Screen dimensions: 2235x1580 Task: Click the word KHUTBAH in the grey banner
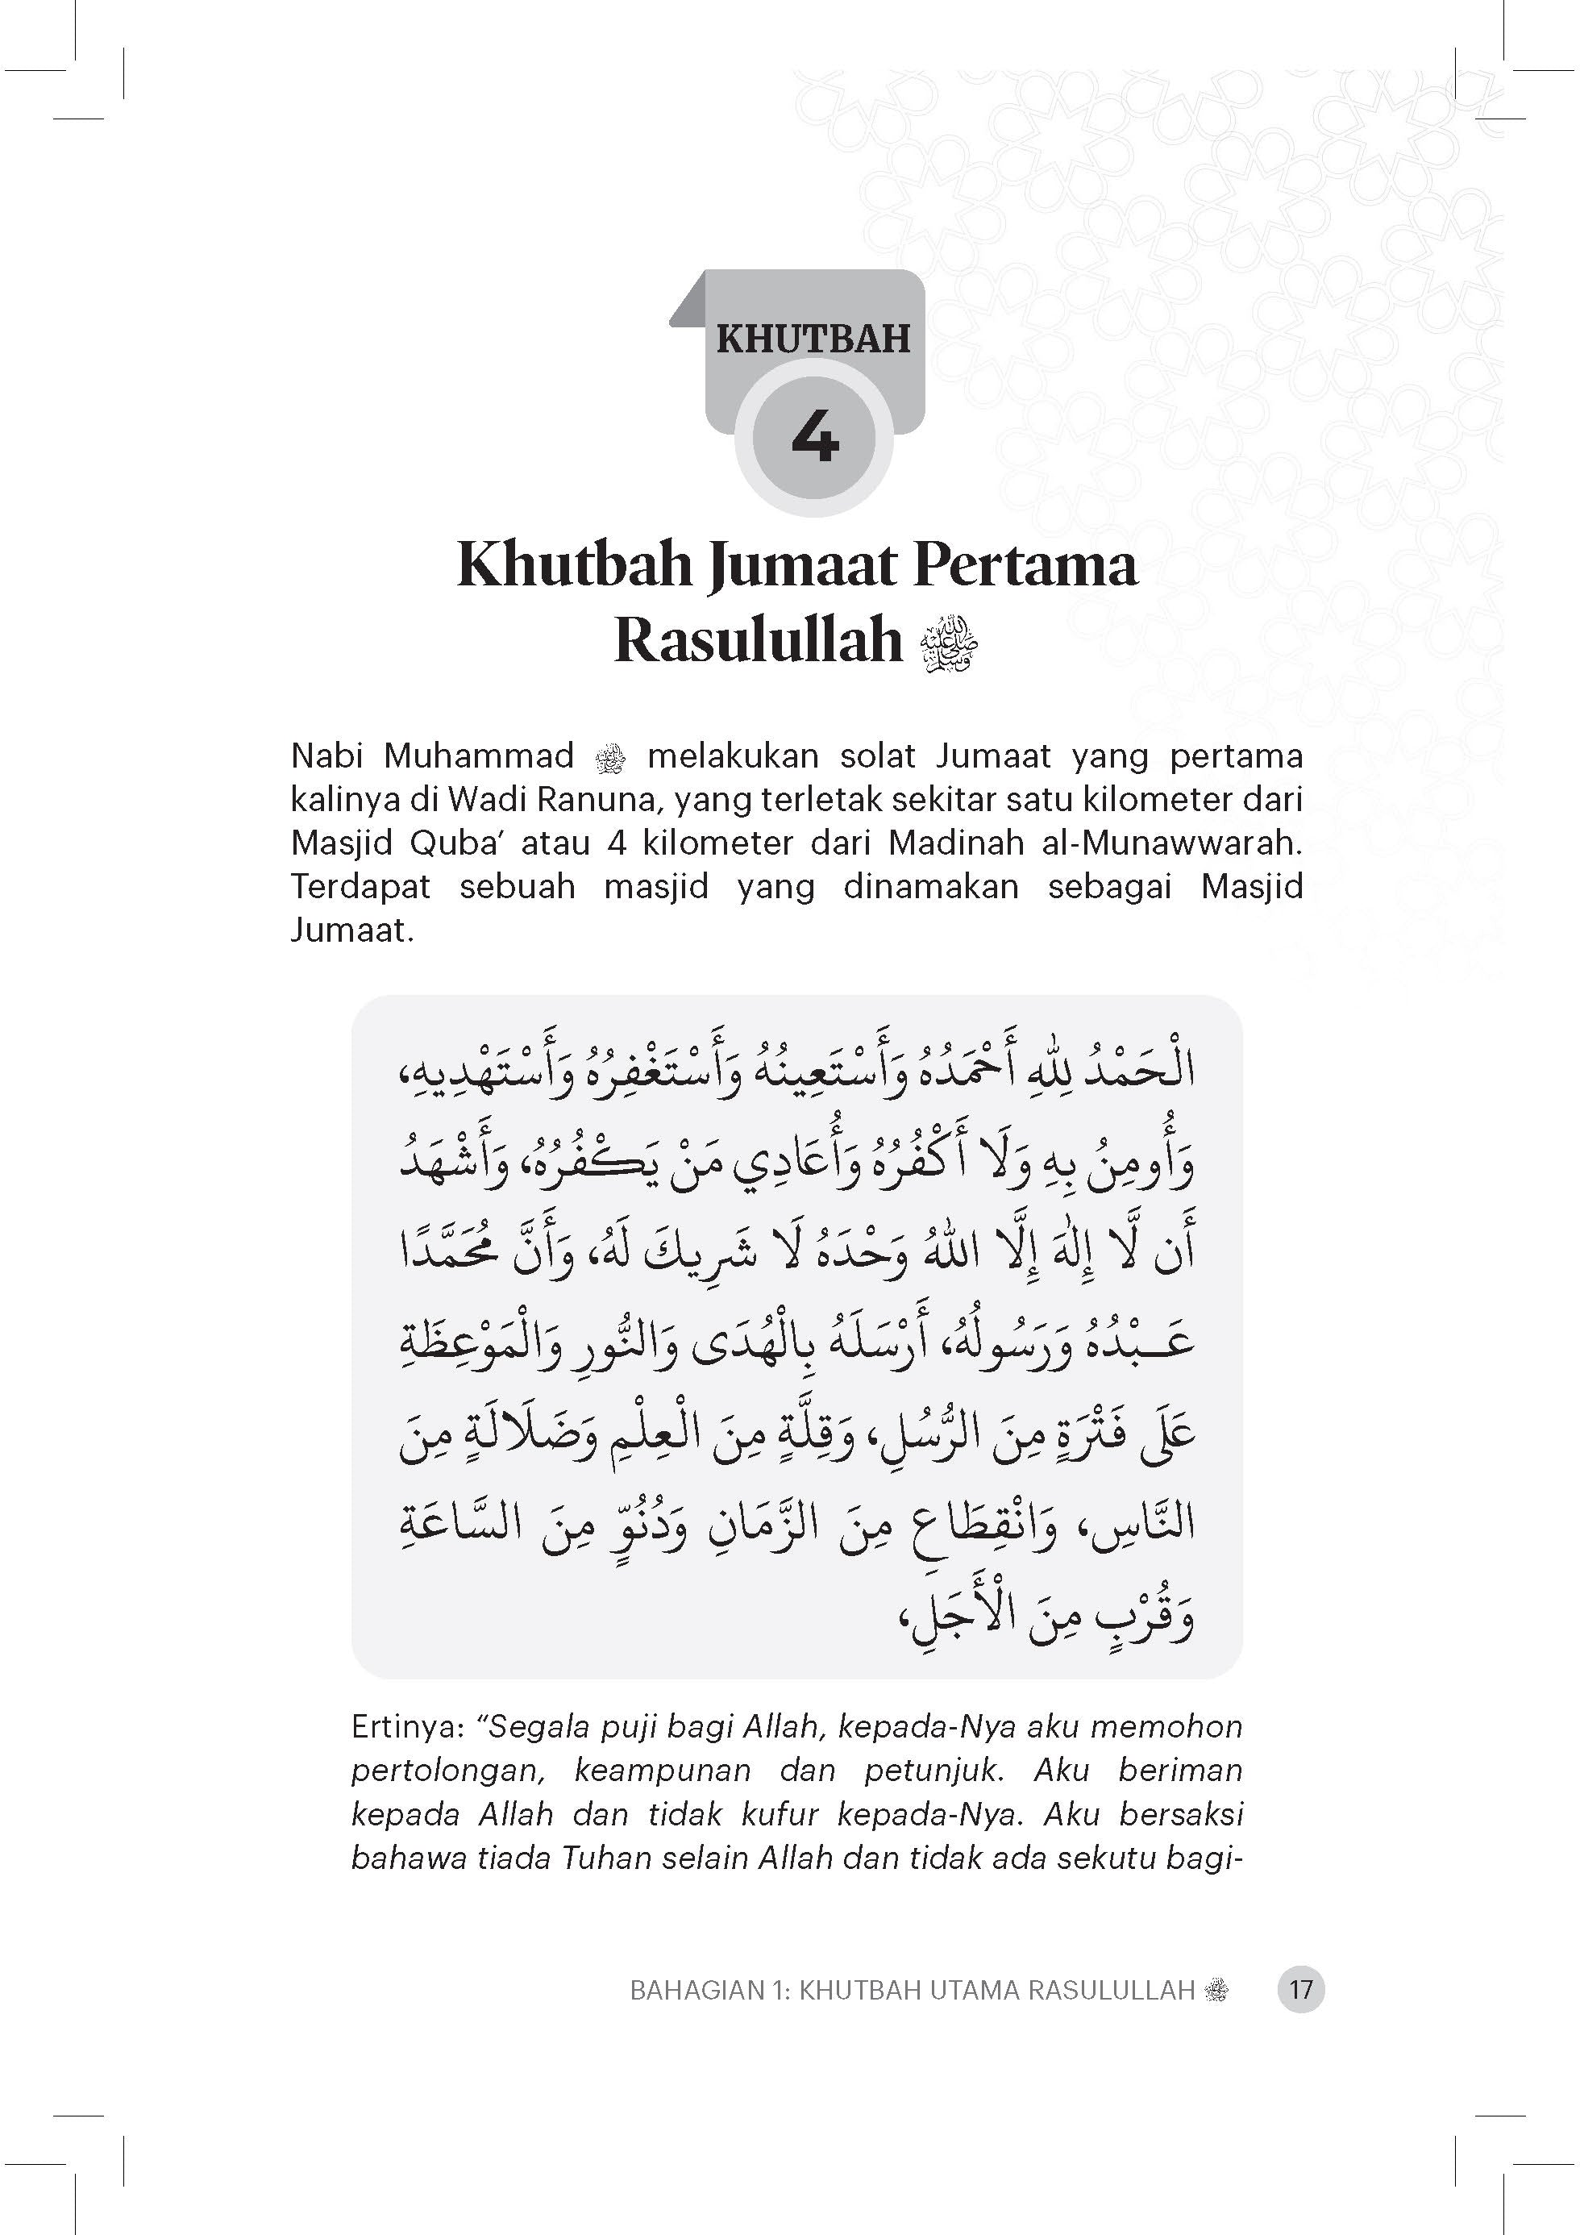click(813, 339)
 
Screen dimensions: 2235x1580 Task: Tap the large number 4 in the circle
click(815, 438)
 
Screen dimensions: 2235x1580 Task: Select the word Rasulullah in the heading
click(759, 642)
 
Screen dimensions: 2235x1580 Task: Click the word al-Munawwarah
click(1171, 843)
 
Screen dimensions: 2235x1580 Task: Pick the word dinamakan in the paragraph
click(931, 887)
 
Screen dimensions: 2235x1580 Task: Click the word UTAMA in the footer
click(975, 1991)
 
